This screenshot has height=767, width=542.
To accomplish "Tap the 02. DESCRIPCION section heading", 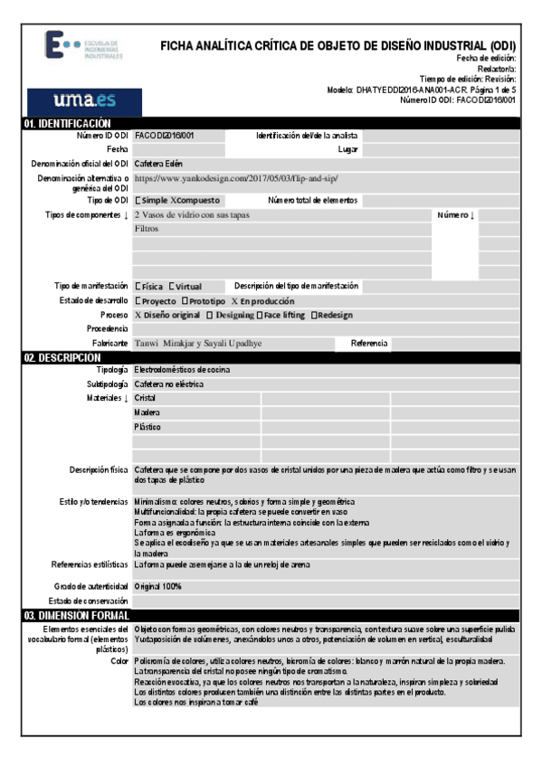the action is click(62, 358).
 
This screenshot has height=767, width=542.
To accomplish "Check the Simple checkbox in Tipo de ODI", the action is click(138, 200).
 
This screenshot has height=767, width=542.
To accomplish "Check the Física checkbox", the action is click(138, 287).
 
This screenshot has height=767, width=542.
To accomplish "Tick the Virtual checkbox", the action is click(171, 287).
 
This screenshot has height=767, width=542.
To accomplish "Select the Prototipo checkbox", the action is click(185, 301).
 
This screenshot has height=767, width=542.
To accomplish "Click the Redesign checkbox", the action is click(314, 316).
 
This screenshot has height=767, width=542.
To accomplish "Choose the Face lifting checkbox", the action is click(260, 316).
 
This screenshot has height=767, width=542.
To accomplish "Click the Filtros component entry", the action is click(147, 230).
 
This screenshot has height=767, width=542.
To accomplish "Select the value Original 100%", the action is click(157, 586).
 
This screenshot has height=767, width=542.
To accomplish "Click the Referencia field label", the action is click(370, 344).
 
